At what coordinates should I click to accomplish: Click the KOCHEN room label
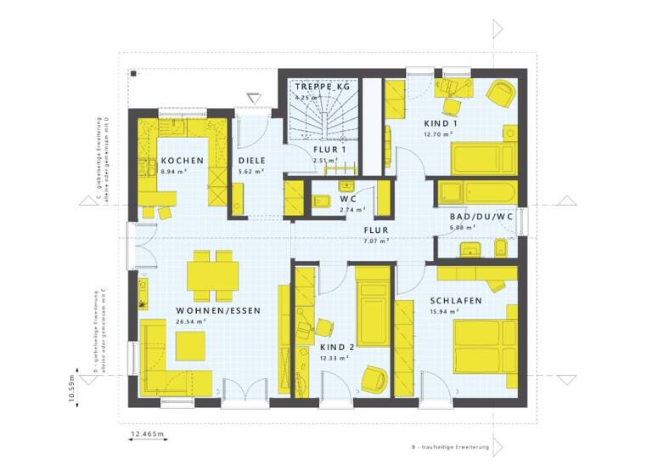(x=182, y=161)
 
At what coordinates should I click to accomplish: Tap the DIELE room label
(x=251, y=161)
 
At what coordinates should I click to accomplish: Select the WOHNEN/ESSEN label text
(x=218, y=311)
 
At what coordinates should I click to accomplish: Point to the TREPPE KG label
(x=323, y=88)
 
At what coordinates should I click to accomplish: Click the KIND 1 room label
(x=438, y=124)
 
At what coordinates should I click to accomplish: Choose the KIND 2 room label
(x=337, y=347)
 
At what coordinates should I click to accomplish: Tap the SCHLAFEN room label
(x=456, y=301)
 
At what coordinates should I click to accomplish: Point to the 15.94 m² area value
(x=446, y=312)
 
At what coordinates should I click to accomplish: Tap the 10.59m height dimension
(x=72, y=394)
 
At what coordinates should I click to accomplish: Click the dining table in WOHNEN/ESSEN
(x=212, y=275)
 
